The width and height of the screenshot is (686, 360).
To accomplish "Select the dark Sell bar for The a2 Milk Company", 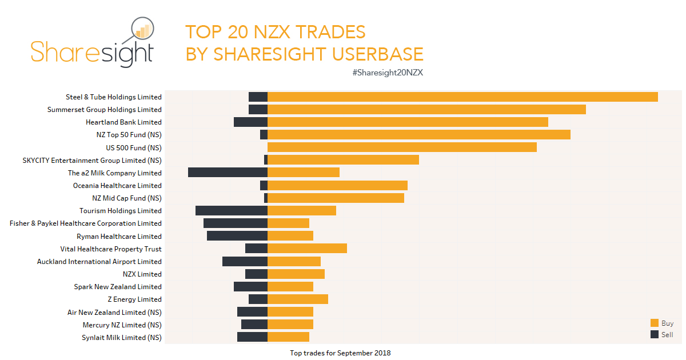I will (228, 173).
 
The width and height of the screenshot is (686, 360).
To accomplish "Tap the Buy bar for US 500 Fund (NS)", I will (402, 147).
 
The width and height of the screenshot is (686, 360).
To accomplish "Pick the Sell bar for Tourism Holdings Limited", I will (231, 211).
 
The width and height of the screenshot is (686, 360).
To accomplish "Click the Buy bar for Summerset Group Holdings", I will (426, 109).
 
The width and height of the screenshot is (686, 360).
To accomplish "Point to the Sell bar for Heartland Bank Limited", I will (250, 122).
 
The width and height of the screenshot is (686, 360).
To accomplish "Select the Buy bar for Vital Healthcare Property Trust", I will (307, 249).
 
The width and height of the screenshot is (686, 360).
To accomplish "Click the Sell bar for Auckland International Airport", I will (245, 261).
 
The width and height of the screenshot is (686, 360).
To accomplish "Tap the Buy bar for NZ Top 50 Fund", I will (418, 134).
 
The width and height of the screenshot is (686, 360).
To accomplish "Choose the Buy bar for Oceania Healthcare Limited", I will (337, 185).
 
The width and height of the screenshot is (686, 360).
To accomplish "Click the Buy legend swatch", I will (655, 323).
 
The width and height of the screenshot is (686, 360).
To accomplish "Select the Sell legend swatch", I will (655, 334).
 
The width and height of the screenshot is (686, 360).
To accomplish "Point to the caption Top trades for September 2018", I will (340, 353).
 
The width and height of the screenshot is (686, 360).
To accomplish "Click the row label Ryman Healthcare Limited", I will (119, 236).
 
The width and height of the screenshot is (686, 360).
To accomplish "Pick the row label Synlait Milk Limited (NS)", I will (121, 337).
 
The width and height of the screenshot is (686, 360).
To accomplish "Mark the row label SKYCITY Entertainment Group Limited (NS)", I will (91, 160).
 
